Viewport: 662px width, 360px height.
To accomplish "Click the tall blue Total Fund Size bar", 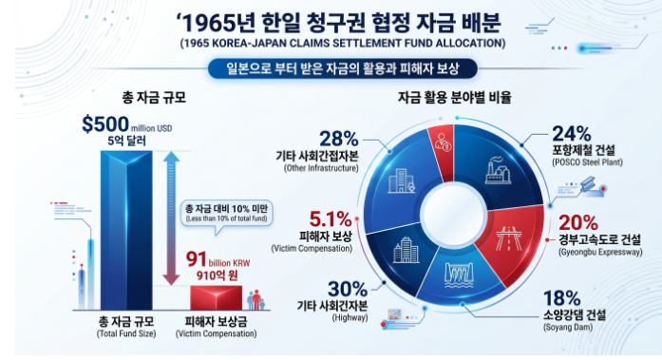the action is pyautogui.click(x=126, y=231).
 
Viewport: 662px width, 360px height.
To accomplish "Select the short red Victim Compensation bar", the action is pyautogui.click(x=217, y=298).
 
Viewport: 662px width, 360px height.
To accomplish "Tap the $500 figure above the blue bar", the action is pyautogui.click(x=105, y=124).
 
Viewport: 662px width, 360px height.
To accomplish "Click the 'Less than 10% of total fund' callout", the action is pyautogui.click(x=227, y=213).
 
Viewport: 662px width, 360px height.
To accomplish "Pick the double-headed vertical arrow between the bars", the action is pyautogui.click(x=171, y=218).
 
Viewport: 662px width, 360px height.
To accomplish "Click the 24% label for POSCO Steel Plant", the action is pyautogui.click(x=572, y=134).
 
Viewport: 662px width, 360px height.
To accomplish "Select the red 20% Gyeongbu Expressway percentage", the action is pyautogui.click(x=578, y=223).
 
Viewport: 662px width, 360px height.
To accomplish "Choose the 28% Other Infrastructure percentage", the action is pyautogui.click(x=339, y=139).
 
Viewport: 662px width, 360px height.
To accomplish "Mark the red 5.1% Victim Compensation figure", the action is pyautogui.click(x=331, y=219).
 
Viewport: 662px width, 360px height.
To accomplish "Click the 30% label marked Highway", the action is pyautogui.click(x=348, y=289).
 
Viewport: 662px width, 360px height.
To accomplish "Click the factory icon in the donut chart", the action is pyautogui.click(x=499, y=171).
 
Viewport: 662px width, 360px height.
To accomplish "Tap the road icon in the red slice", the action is pyautogui.click(x=509, y=238).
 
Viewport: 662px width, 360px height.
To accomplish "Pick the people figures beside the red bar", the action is pyautogui.click(x=256, y=300).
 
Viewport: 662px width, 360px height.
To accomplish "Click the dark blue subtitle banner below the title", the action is pyautogui.click(x=343, y=68).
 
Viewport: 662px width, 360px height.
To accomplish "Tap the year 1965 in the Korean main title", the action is pyautogui.click(x=208, y=23).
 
